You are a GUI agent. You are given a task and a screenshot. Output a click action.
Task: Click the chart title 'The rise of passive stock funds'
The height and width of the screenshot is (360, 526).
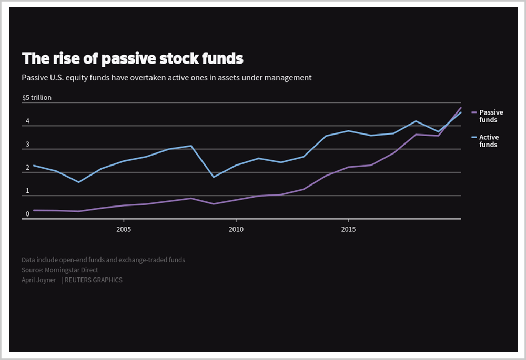click(x=133, y=59)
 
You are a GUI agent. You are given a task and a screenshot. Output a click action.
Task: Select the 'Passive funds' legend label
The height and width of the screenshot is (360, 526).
click(x=491, y=116)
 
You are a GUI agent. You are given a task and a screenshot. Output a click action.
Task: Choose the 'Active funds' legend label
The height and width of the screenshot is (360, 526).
click(x=489, y=141)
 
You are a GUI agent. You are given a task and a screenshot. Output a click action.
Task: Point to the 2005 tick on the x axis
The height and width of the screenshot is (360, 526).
click(x=124, y=230)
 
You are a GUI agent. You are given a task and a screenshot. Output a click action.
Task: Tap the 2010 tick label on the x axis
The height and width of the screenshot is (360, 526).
click(x=236, y=230)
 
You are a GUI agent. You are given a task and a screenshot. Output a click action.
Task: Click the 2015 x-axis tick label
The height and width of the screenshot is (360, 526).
click(x=348, y=230)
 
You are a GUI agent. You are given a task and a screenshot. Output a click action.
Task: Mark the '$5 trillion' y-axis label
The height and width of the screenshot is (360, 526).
click(x=37, y=98)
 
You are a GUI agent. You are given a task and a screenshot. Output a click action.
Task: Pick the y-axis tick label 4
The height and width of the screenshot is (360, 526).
click(x=27, y=121)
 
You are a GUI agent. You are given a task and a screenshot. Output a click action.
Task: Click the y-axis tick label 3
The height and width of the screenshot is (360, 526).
click(x=27, y=145)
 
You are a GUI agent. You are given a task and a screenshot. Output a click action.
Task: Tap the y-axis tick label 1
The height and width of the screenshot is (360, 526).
click(x=27, y=191)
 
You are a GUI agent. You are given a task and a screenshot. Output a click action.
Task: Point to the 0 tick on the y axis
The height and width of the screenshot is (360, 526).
click(x=27, y=214)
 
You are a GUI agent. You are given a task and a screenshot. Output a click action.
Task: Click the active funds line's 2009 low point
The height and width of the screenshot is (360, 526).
click(x=214, y=177)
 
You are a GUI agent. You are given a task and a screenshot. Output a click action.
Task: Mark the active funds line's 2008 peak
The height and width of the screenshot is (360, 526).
click(x=191, y=146)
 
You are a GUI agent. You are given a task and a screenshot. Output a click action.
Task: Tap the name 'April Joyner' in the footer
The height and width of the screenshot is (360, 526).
click(x=39, y=280)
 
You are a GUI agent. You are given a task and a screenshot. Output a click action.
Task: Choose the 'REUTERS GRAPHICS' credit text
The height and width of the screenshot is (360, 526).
click(x=94, y=280)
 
